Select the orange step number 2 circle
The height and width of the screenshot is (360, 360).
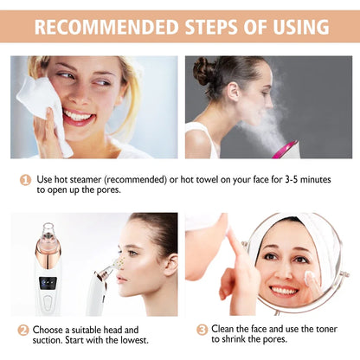(23, 330)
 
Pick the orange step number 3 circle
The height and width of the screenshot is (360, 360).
(202, 330)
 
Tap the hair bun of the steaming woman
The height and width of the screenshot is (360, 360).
(205, 70)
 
